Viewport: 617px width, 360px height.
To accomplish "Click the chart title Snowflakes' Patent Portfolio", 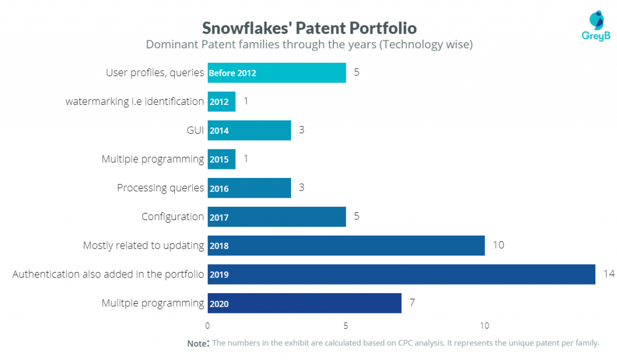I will click(x=309, y=28).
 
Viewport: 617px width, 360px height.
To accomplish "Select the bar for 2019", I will click(x=401, y=274).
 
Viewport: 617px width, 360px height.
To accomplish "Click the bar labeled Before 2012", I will click(x=277, y=73).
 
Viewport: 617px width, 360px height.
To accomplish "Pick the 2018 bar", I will click(x=346, y=245).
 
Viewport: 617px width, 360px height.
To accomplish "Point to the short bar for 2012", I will click(x=221, y=101).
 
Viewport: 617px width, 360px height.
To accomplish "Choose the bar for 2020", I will click(x=304, y=303).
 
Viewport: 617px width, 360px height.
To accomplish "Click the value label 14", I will click(x=609, y=274).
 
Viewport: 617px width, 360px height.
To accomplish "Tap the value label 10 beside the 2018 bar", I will click(x=498, y=245).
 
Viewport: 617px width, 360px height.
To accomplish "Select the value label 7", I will click(x=412, y=302).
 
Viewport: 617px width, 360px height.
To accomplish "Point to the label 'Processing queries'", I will click(x=160, y=188).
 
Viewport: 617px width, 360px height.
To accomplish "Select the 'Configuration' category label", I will click(x=173, y=216).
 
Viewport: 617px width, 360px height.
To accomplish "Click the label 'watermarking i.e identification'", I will click(x=134, y=101).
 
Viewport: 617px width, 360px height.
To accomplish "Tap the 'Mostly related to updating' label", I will click(x=143, y=245).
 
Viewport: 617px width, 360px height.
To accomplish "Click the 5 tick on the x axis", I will click(x=346, y=326).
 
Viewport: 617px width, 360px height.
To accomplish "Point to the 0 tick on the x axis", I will click(x=208, y=326).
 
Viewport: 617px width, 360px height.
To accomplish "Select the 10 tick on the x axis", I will click(x=484, y=326).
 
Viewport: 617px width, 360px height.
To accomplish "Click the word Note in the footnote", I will click(x=197, y=343).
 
